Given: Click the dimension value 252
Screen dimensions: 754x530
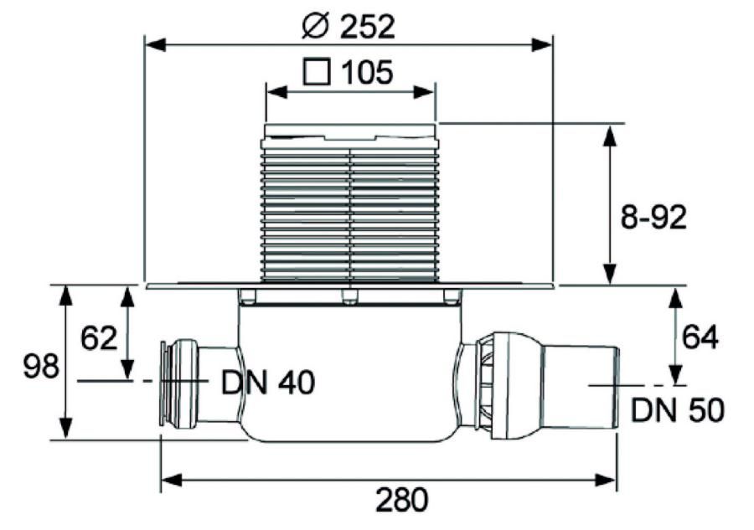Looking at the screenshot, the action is click(367, 27).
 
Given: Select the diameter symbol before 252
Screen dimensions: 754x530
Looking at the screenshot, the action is click(315, 27).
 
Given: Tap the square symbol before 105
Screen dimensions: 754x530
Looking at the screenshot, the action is click(317, 72).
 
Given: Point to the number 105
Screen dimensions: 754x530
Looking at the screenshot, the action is click(367, 72).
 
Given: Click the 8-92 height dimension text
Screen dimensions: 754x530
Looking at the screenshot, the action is click(653, 219).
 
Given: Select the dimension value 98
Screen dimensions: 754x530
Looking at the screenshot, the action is click(41, 366).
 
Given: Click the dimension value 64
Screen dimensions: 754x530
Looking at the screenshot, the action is click(700, 337).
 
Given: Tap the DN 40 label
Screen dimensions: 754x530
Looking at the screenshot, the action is click(268, 383).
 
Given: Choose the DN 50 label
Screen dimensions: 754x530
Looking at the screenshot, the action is click(677, 410).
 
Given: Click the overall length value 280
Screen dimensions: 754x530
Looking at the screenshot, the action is click(401, 500).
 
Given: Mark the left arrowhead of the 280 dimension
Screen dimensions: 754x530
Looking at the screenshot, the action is click(171, 480).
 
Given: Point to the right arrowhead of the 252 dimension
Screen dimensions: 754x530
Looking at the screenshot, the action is click(541, 45).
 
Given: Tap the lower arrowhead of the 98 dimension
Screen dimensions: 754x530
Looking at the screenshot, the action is click(66, 428).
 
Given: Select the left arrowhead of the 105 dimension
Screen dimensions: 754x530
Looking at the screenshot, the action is click(277, 92).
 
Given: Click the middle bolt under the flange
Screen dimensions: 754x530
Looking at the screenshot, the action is click(349, 296).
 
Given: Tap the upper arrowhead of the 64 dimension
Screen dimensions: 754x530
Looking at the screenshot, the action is click(676, 299).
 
